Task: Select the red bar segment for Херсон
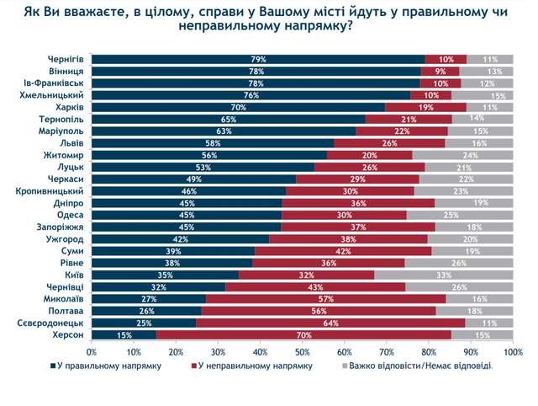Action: [303, 335]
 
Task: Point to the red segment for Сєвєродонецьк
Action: [331, 323]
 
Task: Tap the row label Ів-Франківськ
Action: [54, 84]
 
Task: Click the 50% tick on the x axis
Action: [302, 350]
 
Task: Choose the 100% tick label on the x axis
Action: [512, 350]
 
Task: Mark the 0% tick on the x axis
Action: [92, 350]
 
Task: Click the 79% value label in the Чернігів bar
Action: [258, 60]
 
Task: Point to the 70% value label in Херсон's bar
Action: [303, 335]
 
